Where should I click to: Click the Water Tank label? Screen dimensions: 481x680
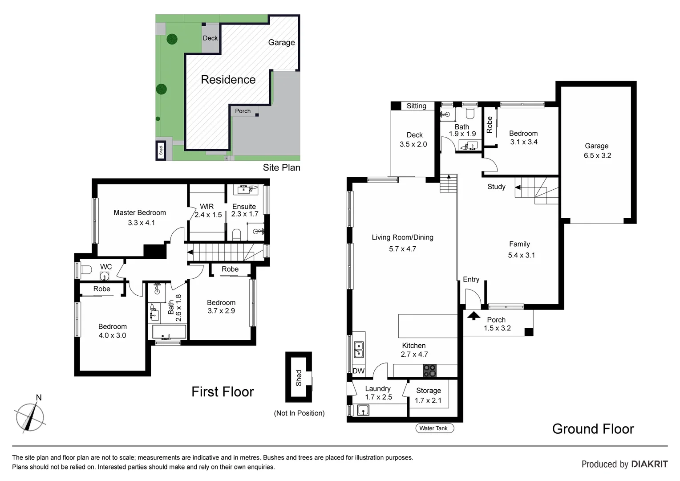point(433,428)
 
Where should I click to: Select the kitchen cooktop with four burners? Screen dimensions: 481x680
point(429,371)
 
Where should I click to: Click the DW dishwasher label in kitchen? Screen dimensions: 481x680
point(358,371)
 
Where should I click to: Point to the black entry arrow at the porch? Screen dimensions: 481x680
point(474,316)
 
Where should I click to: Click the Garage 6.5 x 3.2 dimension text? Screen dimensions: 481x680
point(597,155)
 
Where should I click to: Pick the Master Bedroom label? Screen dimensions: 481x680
point(140,213)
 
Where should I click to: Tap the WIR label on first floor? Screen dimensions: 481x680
point(207,207)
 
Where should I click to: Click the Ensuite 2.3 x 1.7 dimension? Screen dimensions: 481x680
point(245,214)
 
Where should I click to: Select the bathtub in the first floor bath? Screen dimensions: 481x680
point(169,332)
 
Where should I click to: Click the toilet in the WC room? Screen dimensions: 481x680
point(86,269)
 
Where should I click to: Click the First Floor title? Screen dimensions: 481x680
point(223,391)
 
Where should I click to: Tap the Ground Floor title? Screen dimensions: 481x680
point(593,429)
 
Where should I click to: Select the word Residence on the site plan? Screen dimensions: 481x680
point(228,80)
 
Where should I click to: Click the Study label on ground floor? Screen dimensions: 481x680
point(496,187)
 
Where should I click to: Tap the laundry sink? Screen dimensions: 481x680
point(363,410)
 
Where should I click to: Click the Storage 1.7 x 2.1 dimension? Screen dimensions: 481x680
point(428,400)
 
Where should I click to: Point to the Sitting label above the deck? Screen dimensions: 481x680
point(416,106)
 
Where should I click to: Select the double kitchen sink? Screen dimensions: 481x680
point(358,350)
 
